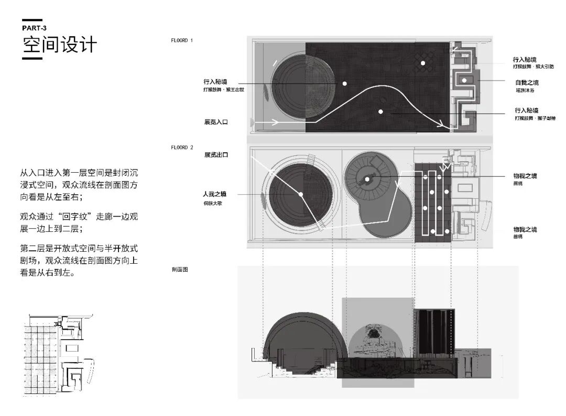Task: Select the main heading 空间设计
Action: coord(59,45)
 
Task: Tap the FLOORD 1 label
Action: coord(181,40)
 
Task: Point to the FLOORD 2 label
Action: coord(181,148)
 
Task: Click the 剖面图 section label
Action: coord(179,270)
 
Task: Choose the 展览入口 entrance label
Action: coord(216,122)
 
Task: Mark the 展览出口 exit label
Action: coord(216,155)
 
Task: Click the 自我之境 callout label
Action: coord(526,83)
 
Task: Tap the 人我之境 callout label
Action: coord(215,194)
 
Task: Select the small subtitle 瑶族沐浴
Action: coord(524,91)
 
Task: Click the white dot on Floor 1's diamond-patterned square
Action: coord(422,63)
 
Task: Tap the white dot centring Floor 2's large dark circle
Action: coord(301,195)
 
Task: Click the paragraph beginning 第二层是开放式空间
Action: coord(79,260)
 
